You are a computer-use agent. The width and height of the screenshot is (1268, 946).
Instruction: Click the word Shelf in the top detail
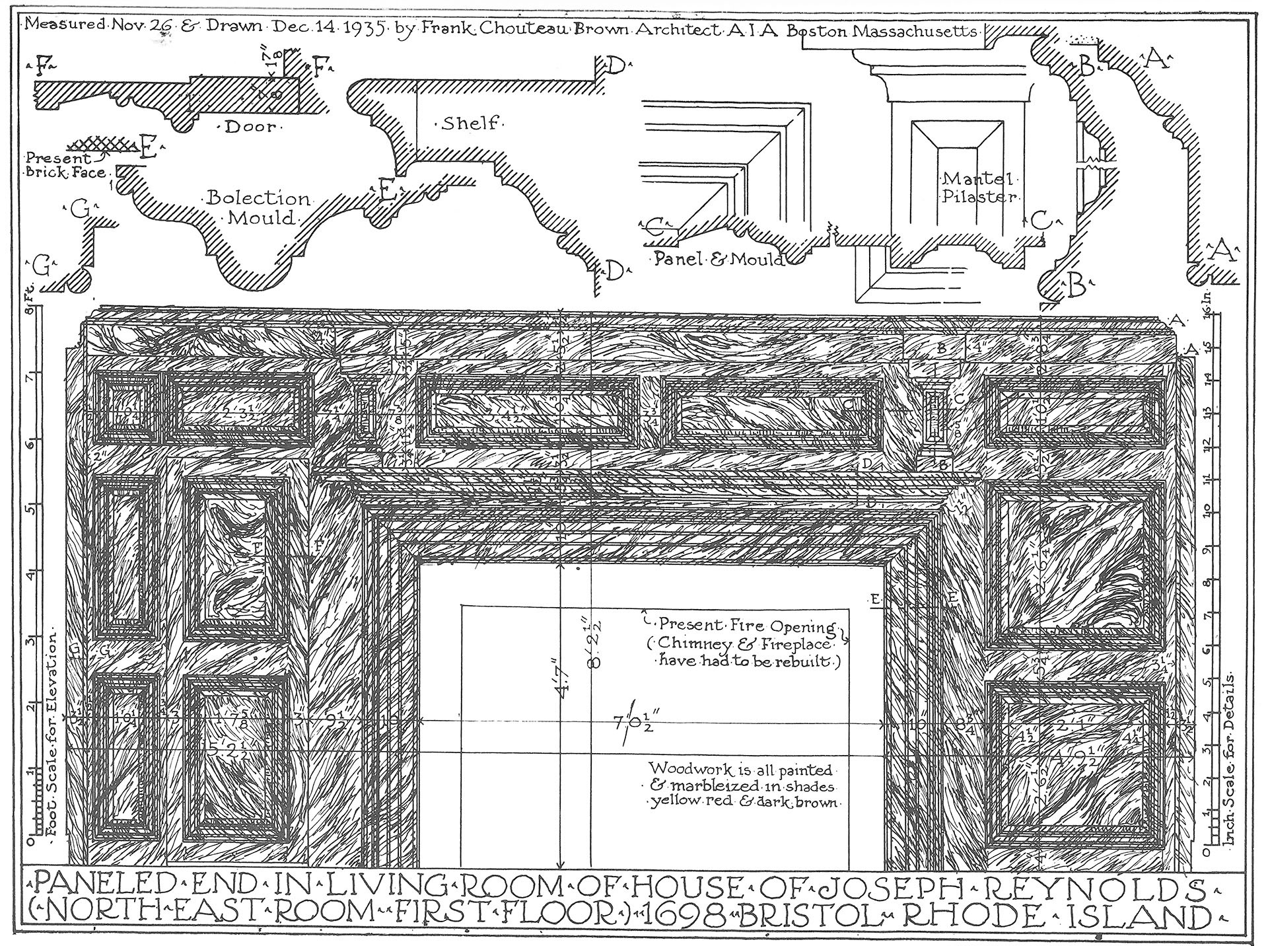click(470, 123)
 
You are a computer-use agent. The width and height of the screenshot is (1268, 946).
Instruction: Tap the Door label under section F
click(250, 127)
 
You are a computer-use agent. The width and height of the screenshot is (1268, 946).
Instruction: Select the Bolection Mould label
click(259, 207)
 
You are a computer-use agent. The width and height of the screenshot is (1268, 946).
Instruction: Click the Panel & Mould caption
click(718, 259)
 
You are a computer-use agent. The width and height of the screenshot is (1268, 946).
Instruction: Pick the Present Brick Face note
click(65, 166)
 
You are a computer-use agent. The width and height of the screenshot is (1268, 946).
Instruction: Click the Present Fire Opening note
click(746, 624)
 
